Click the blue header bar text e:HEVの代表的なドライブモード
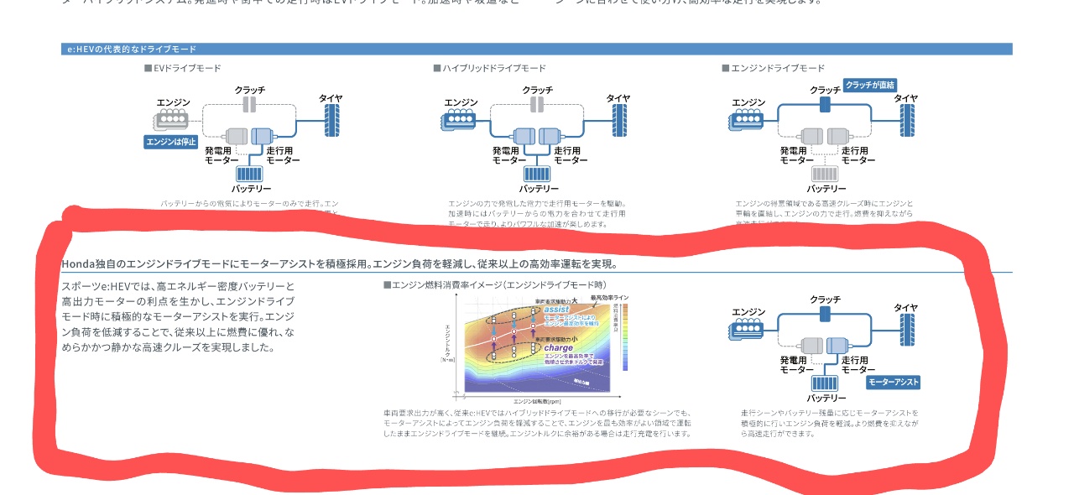click(132, 49)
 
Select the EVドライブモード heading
click(182, 68)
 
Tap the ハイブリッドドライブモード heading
click(489, 68)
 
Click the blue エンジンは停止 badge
click(170, 142)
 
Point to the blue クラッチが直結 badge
click(870, 85)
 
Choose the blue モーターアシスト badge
click(893, 382)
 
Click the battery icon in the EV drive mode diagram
click(248, 175)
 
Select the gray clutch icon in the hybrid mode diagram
click(537, 104)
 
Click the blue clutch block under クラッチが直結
click(825, 104)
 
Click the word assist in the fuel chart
click(556, 309)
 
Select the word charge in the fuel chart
click(558, 346)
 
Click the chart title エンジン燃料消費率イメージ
click(487, 284)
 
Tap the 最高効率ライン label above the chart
click(609, 298)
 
